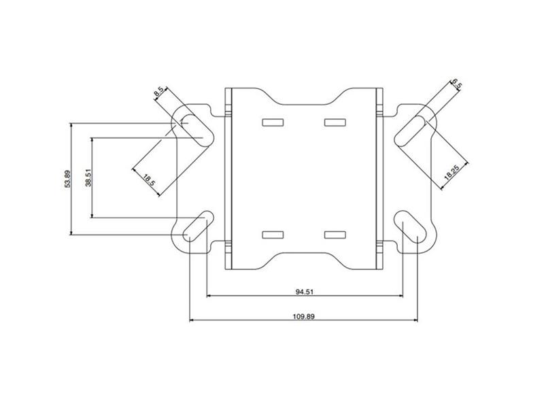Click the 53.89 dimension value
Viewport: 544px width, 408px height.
point(66,180)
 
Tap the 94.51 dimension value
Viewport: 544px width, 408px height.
point(304,291)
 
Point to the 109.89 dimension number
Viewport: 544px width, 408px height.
point(304,316)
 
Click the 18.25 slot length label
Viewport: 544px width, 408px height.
point(452,170)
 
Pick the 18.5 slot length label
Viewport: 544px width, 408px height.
point(148,180)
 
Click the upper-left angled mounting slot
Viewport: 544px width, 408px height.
point(194,129)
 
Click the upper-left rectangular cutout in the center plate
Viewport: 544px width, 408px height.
point(271,122)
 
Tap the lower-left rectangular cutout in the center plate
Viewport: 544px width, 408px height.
point(271,235)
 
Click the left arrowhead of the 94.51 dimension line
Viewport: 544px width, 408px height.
point(209,296)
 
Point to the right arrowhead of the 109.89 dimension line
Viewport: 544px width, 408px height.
point(415,320)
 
